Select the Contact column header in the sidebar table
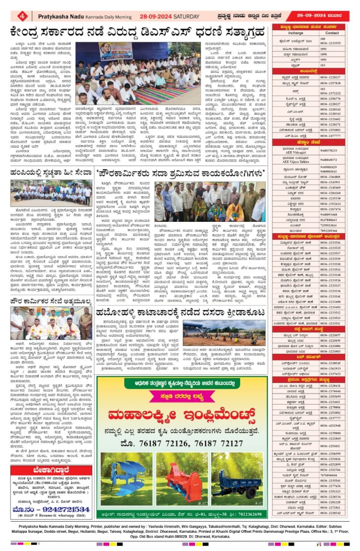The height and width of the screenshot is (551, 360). (x=333, y=33)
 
